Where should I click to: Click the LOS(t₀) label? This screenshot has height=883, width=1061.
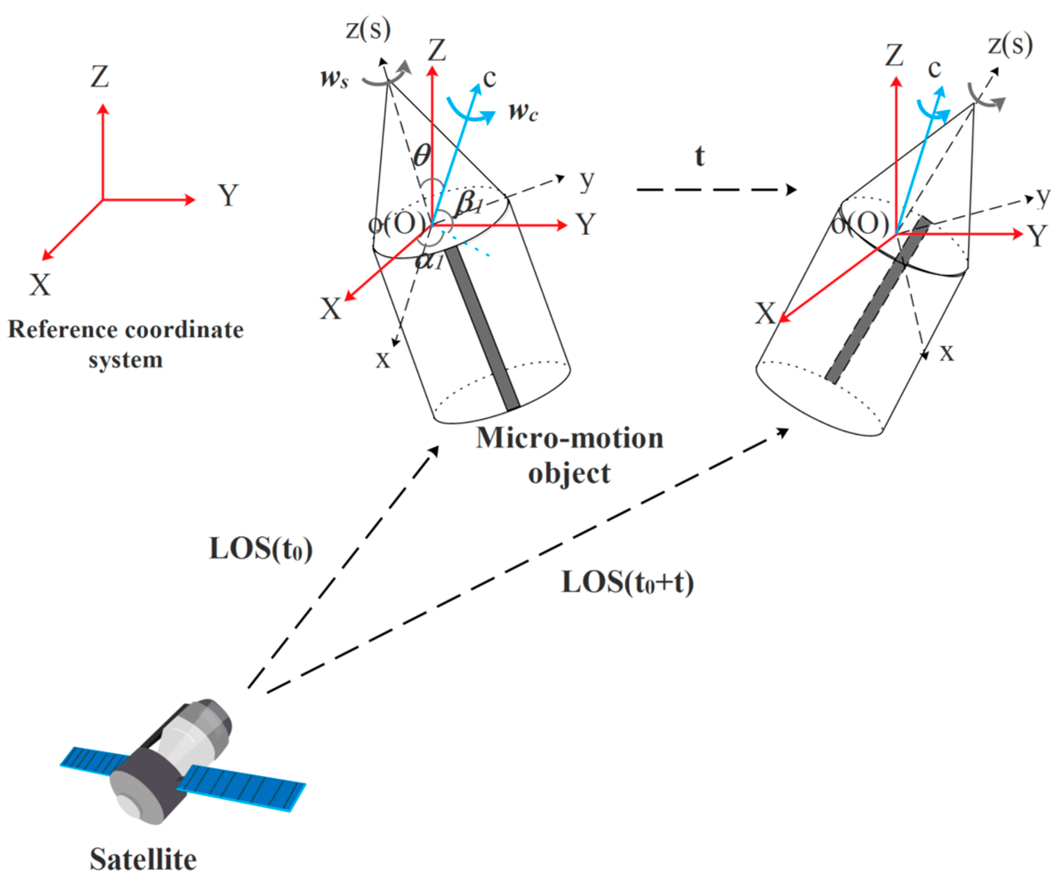coord(261,548)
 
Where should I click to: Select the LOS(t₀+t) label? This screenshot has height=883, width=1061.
coord(627,582)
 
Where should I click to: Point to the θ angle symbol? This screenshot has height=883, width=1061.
coord(422,156)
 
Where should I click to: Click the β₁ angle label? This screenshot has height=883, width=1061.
coord(468,204)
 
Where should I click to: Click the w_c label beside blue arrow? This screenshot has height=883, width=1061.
coord(523,111)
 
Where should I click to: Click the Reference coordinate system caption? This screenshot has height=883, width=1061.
coord(126,344)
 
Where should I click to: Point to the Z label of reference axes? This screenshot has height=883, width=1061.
coord(100,77)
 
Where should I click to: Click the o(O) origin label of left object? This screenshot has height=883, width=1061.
coord(397,223)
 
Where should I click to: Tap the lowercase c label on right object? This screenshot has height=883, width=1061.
coord(934,68)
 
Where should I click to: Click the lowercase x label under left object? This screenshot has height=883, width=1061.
coord(383,360)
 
